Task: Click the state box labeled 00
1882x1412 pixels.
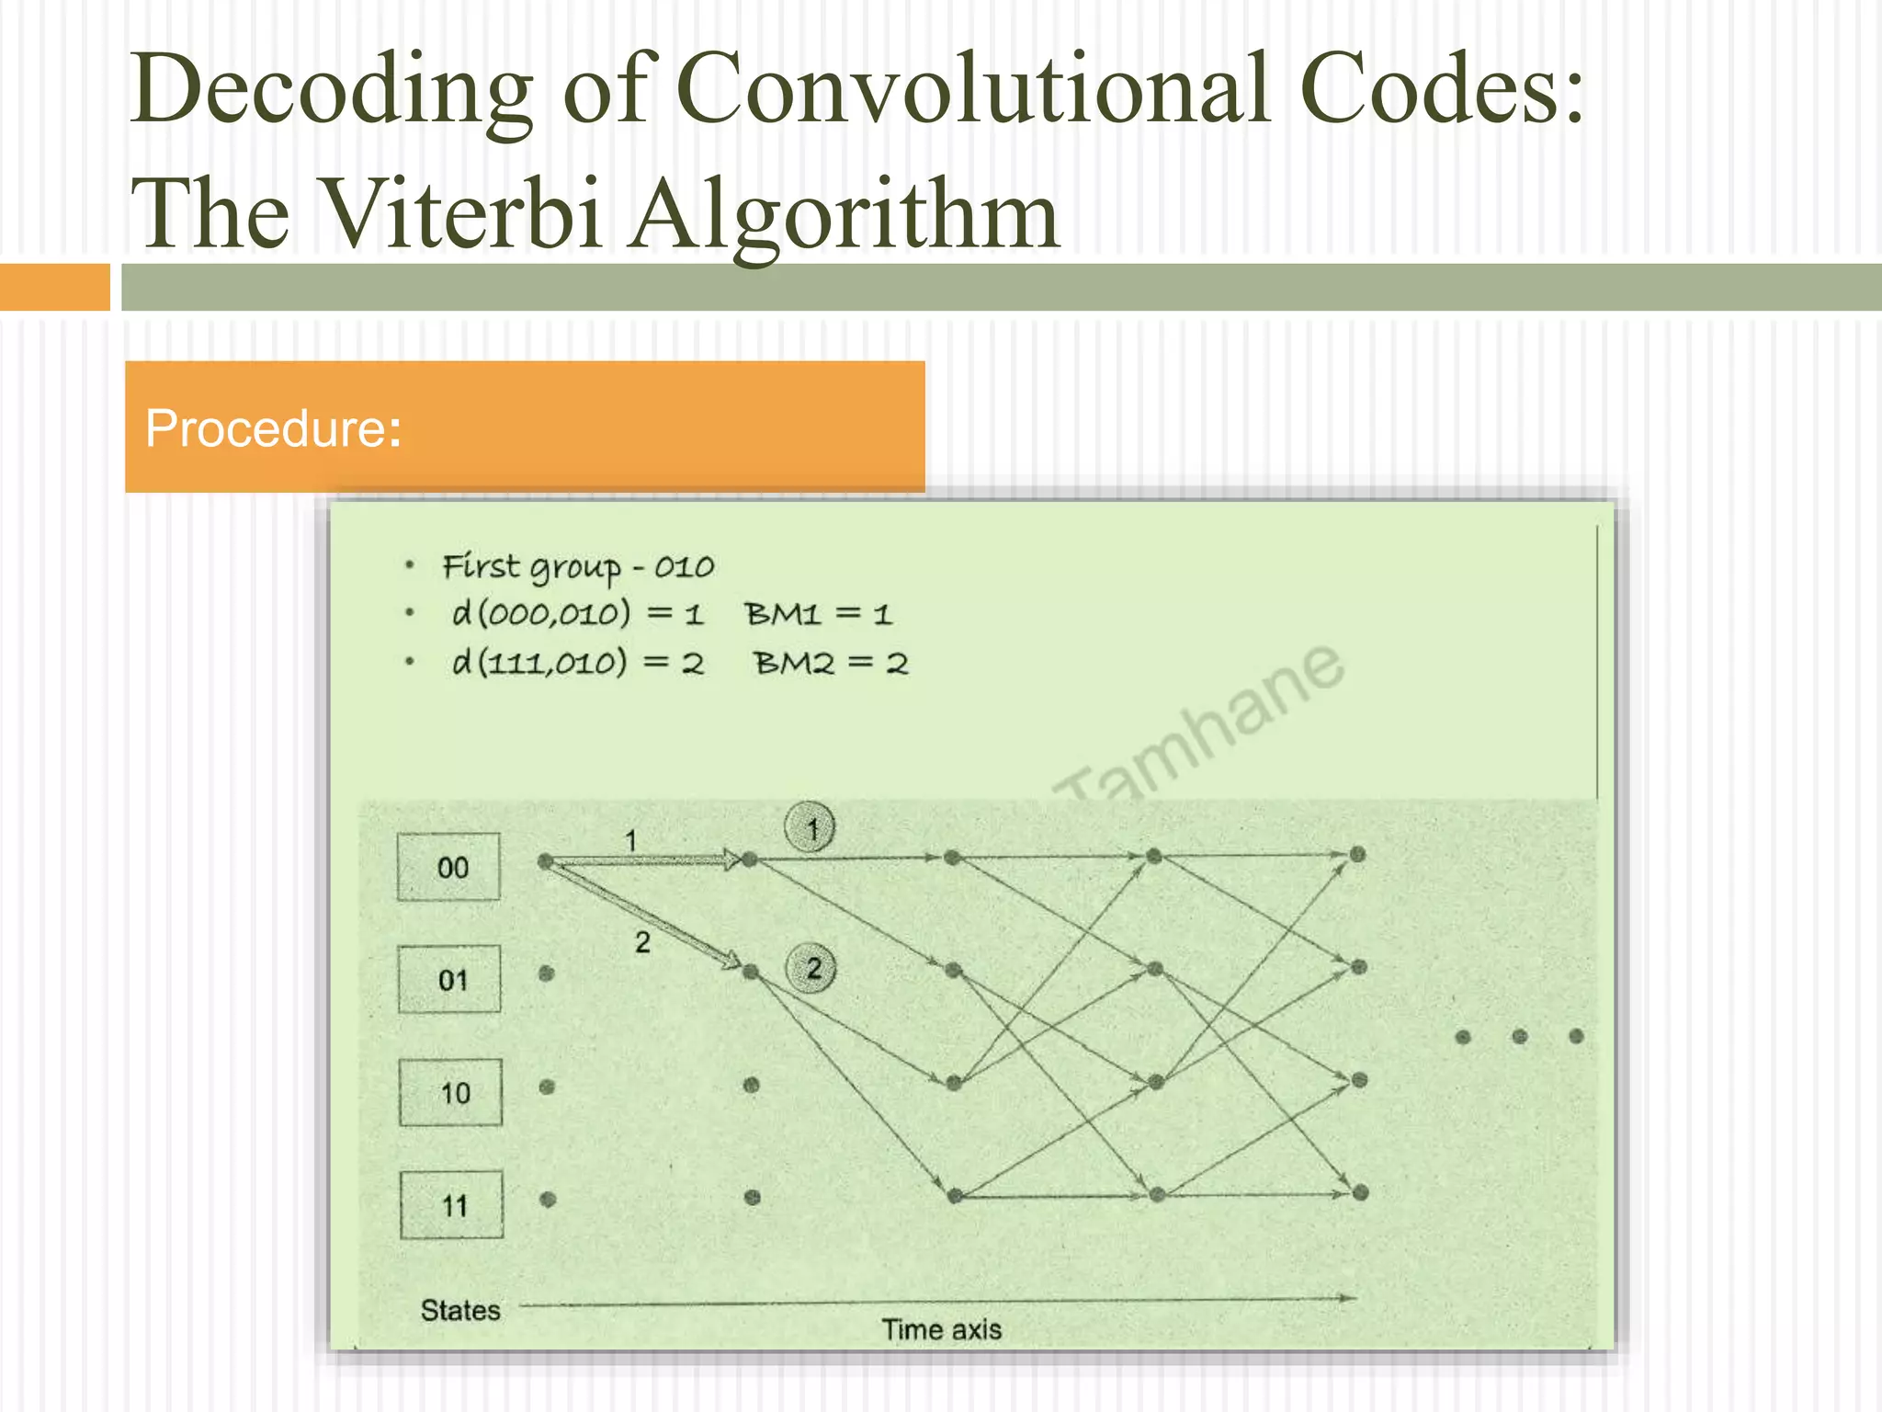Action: coord(448,867)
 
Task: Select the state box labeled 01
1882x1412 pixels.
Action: coord(449,979)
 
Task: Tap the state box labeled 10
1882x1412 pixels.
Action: coord(450,1092)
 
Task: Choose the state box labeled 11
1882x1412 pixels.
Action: coord(451,1205)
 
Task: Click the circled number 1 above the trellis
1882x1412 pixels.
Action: coord(810,828)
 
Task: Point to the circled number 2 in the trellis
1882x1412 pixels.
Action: coord(811,968)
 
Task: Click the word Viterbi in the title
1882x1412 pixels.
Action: coord(464,214)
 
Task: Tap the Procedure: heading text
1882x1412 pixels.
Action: coord(273,428)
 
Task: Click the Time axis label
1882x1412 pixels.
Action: coord(941,1329)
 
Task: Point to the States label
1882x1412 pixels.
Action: coord(460,1310)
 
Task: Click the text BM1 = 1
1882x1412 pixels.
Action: coord(818,614)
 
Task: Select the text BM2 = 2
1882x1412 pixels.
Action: coord(831,663)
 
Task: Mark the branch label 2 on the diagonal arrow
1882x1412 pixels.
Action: coord(642,942)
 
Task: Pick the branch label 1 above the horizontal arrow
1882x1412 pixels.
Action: coord(631,840)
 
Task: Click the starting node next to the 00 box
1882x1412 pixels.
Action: coord(545,861)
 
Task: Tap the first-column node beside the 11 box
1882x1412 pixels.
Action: coord(549,1199)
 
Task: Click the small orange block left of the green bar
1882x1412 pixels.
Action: coord(54,287)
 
